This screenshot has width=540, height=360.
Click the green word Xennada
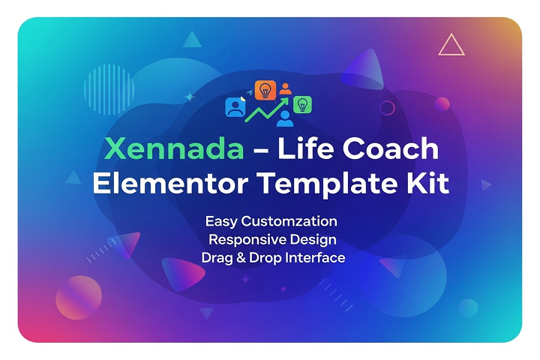[x=174, y=148]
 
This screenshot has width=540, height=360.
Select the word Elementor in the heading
[x=170, y=184]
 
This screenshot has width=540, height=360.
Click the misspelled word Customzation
[x=289, y=221]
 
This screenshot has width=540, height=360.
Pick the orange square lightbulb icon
[x=265, y=90]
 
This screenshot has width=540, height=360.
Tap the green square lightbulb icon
[x=302, y=104]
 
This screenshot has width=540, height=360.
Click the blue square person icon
[x=235, y=107]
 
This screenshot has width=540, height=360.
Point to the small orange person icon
[x=285, y=88]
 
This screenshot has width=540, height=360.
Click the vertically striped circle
[x=109, y=89]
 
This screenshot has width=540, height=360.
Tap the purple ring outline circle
[x=387, y=108]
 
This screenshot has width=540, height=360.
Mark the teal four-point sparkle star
[x=189, y=97]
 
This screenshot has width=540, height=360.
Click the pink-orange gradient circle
[x=79, y=298]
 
